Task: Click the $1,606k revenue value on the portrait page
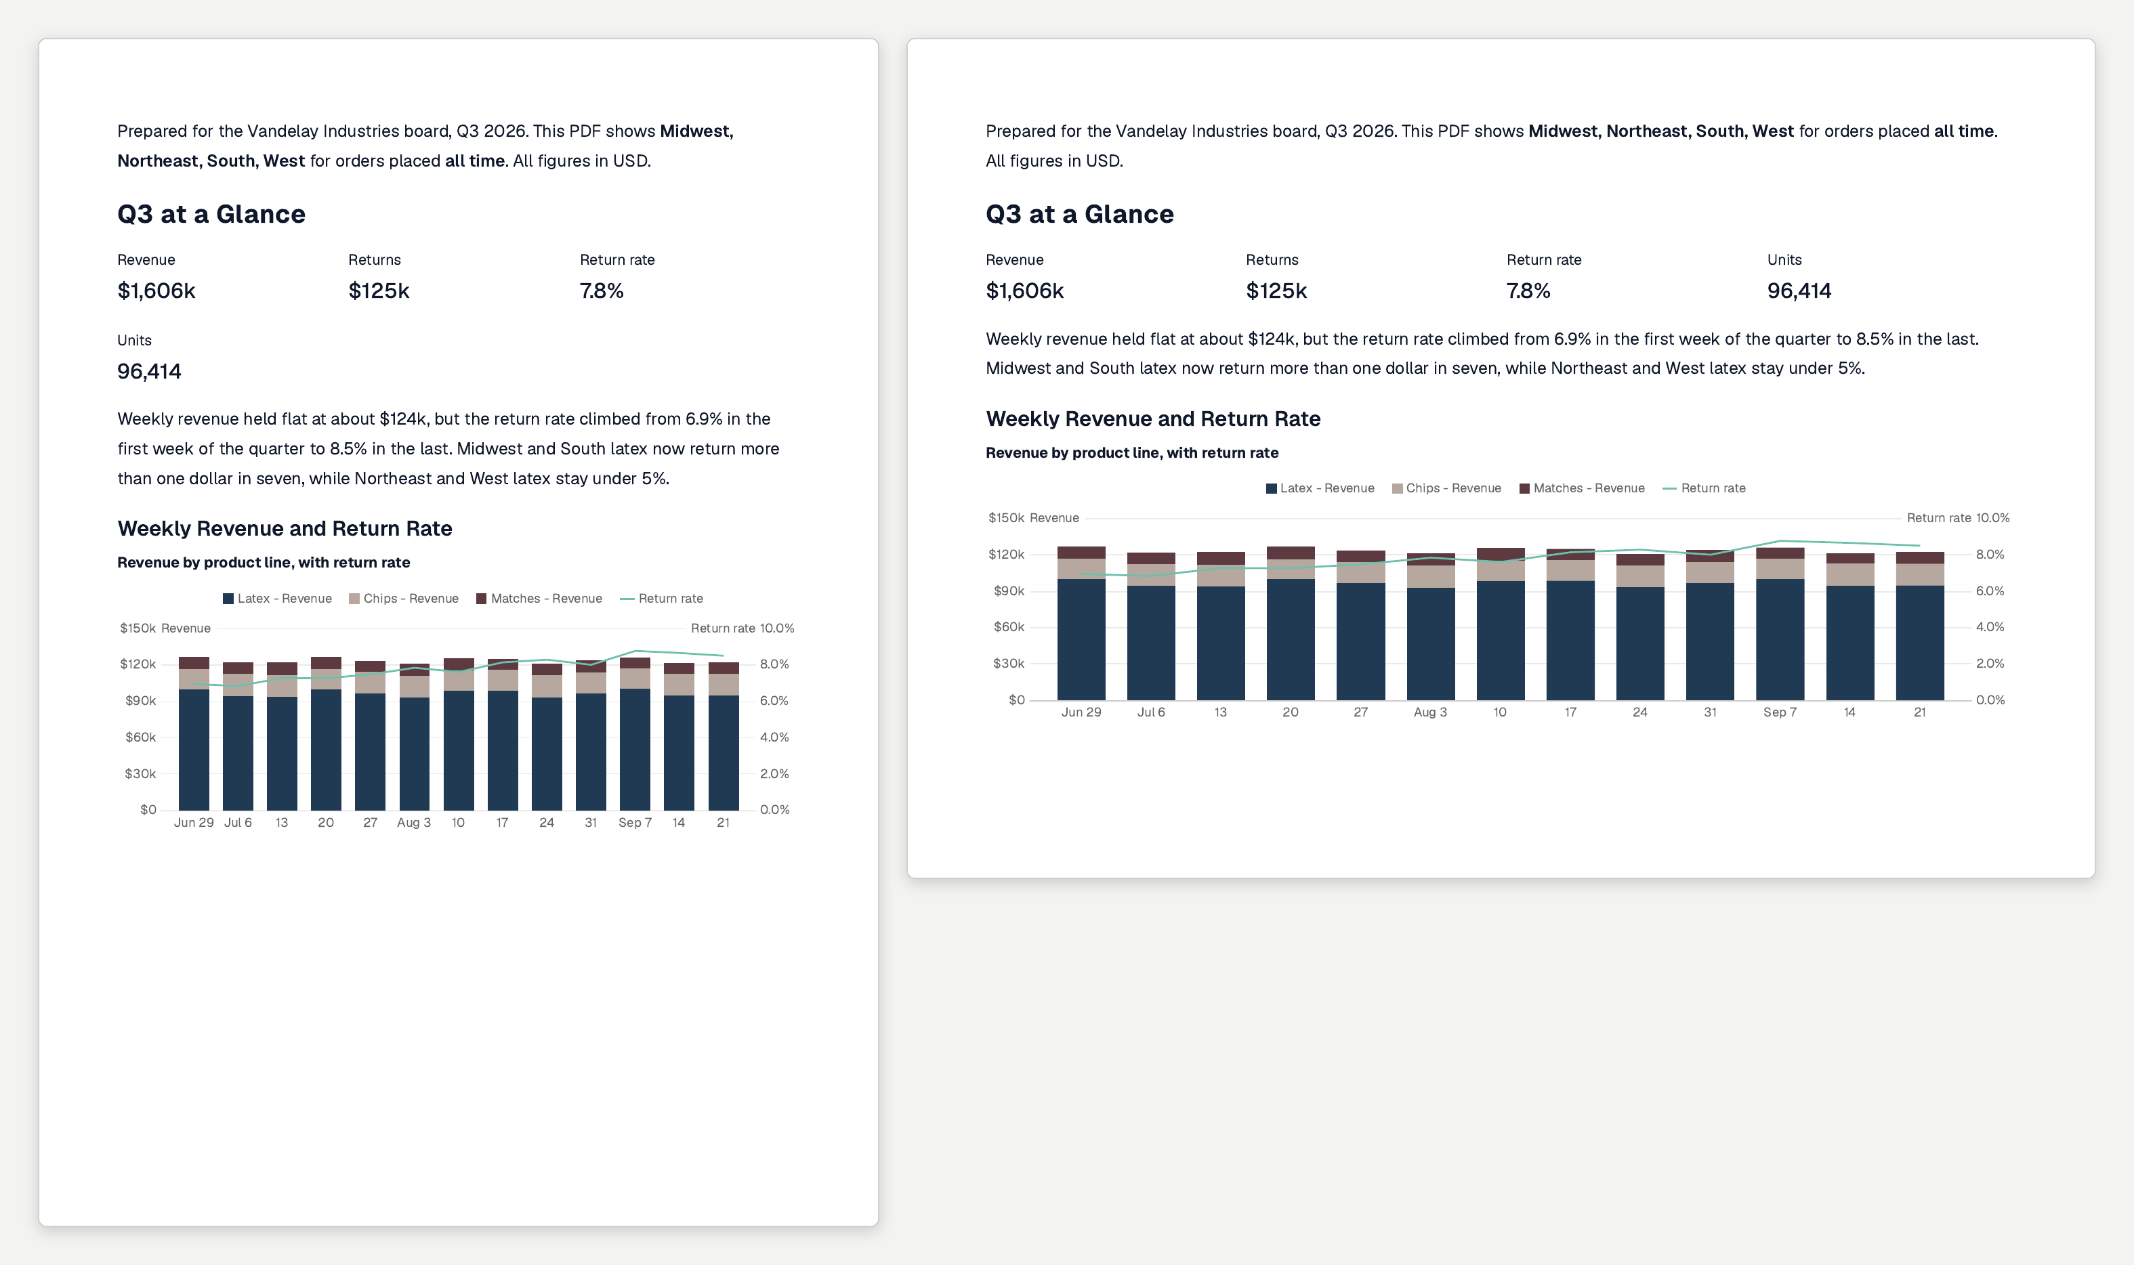(x=156, y=291)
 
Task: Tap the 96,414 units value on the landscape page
(x=1799, y=291)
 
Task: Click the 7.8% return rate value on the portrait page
(x=601, y=291)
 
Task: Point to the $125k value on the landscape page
(x=1276, y=291)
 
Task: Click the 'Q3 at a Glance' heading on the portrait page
(x=211, y=214)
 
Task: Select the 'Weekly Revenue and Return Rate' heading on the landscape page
(x=1152, y=419)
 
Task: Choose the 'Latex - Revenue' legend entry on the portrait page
(x=277, y=599)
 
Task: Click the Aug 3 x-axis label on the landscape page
(x=1429, y=712)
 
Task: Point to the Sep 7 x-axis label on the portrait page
(x=635, y=823)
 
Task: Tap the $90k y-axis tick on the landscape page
(x=1009, y=591)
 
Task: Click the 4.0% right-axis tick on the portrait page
(x=774, y=737)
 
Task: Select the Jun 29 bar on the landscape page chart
(x=1081, y=623)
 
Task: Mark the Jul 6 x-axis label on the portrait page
(x=238, y=823)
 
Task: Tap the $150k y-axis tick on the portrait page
(x=138, y=628)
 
